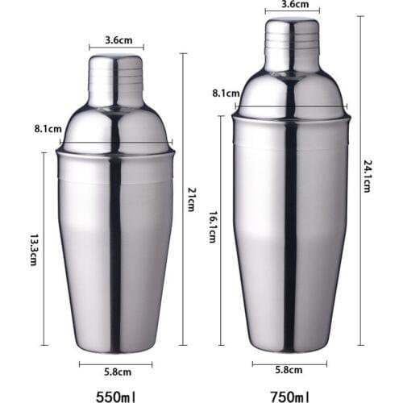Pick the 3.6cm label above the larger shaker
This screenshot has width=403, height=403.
coord(291,5)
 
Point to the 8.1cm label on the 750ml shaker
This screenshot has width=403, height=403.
coord(224,93)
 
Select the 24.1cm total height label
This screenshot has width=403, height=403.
coord(367,175)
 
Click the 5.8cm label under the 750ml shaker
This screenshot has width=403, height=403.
coord(289,372)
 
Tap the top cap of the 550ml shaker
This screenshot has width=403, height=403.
coord(115,81)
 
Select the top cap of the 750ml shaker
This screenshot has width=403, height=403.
coord(291,44)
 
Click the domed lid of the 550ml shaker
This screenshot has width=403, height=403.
coord(115,129)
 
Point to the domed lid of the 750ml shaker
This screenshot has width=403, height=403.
coord(291,93)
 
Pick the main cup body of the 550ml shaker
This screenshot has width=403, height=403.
coord(115,250)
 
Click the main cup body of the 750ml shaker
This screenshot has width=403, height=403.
coord(291,234)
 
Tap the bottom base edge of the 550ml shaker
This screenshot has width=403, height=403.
coord(115,349)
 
